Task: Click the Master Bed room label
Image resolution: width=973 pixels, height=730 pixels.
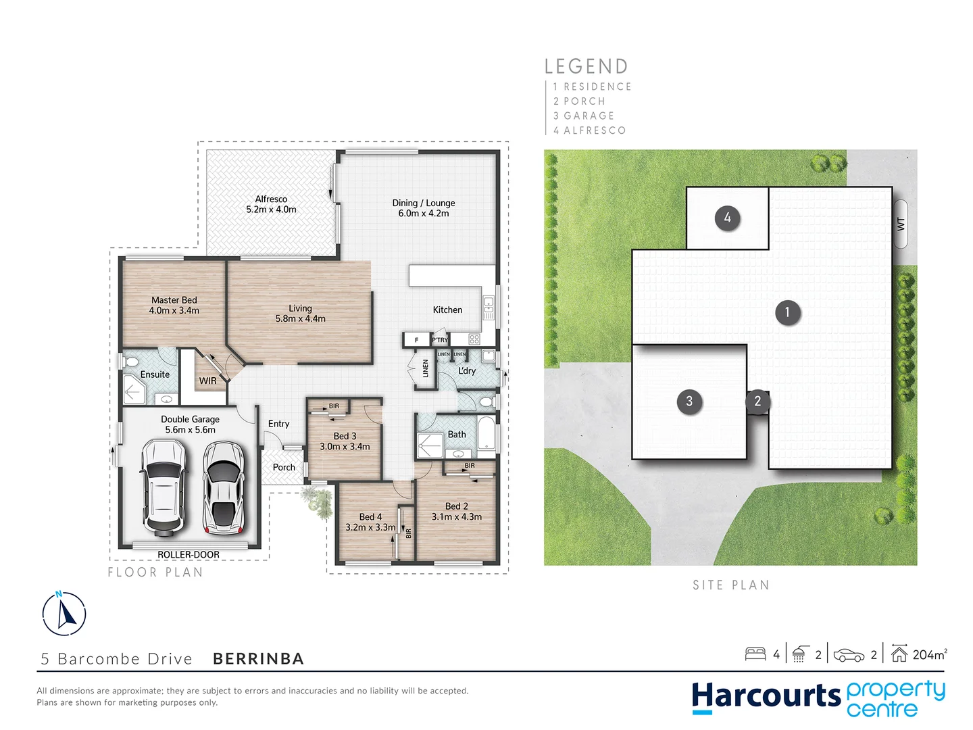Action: pos(174,305)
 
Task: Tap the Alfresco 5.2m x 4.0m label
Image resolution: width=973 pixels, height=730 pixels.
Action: pos(271,204)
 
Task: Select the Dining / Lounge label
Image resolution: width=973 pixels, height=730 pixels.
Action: pos(424,208)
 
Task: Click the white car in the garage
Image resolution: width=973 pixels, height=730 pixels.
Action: pos(163,487)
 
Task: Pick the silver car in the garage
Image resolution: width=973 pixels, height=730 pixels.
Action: pos(224,487)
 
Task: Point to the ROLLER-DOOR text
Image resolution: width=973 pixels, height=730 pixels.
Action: pos(189,554)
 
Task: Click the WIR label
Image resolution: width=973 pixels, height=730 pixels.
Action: pos(207,381)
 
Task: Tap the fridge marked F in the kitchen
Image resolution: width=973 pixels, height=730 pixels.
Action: pos(416,339)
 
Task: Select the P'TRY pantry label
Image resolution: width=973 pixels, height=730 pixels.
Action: pos(440,339)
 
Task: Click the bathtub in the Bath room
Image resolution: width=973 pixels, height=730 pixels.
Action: pos(487,434)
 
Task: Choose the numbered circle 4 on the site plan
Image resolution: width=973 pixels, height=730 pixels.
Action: pos(727,218)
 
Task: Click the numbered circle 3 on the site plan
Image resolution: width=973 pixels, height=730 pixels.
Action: pos(689,401)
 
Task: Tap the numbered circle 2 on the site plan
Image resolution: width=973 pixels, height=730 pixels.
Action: pos(757,401)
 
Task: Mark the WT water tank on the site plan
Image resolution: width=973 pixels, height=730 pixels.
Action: pos(901,224)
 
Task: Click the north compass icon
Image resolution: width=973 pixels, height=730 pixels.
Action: pos(64,614)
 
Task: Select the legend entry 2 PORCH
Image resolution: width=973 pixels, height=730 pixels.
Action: pos(579,101)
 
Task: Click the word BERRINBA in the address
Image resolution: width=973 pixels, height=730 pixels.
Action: pos(258,658)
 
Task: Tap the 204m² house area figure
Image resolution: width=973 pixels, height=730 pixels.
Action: pos(929,654)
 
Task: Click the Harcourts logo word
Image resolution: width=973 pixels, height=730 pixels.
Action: pos(766,696)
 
